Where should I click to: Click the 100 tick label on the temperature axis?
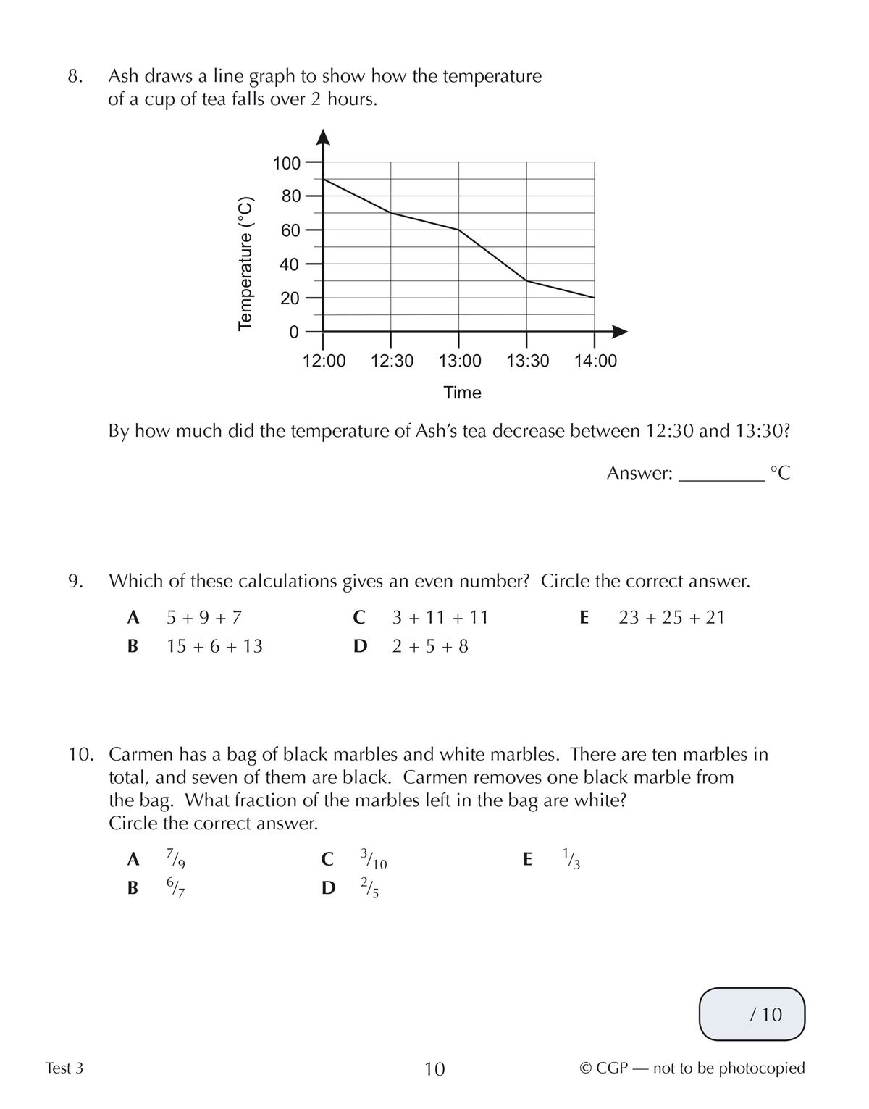(x=286, y=163)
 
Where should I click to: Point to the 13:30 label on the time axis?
(x=527, y=361)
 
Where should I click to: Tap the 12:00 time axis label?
(x=324, y=361)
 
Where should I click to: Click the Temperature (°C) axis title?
(x=245, y=263)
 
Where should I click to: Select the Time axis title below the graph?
(x=462, y=393)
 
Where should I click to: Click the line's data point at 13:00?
(x=459, y=230)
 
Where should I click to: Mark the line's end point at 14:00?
(x=595, y=298)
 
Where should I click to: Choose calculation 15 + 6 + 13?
(x=214, y=646)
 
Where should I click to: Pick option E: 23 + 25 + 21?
(x=671, y=618)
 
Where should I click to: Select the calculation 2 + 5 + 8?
(x=430, y=646)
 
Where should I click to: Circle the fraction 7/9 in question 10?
(x=175, y=859)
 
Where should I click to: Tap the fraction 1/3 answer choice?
(x=571, y=858)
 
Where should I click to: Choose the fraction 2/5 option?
(x=369, y=887)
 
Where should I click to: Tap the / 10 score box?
(x=752, y=1014)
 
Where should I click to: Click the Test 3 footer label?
(x=64, y=1068)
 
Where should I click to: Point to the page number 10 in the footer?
(x=434, y=1068)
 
